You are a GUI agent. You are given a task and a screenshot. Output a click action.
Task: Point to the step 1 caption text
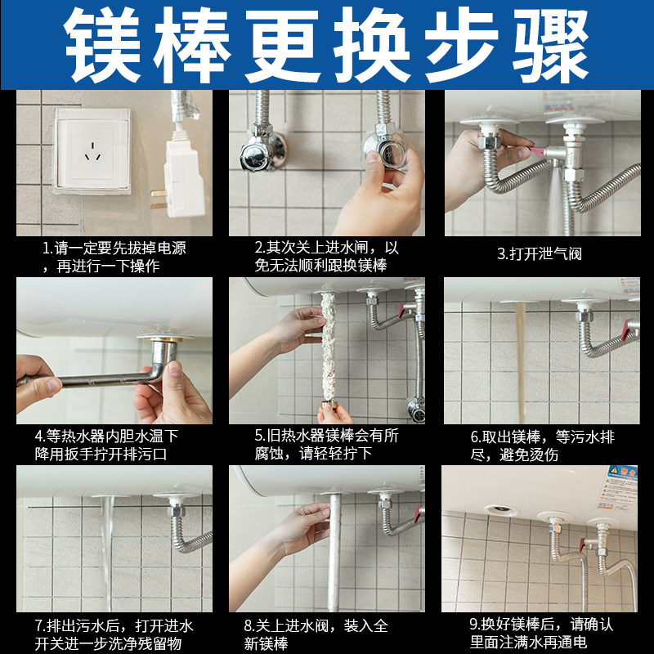coord(114,257)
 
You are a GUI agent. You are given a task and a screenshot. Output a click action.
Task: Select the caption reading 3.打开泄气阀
coord(540,253)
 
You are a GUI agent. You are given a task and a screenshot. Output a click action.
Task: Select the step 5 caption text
coord(326,445)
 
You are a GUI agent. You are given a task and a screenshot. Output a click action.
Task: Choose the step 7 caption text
coord(114,634)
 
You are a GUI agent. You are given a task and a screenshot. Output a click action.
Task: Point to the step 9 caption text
coord(540,634)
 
